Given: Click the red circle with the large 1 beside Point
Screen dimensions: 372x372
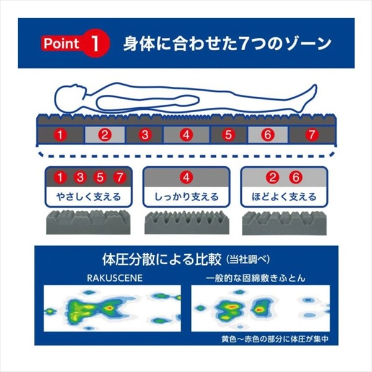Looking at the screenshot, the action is click(x=95, y=43).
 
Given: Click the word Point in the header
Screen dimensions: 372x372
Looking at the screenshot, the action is click(x=61, y=43).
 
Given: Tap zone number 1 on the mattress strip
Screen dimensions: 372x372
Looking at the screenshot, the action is click(x=60, y=135).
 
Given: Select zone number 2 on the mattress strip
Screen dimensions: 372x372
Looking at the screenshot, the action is click(x=105, y=135).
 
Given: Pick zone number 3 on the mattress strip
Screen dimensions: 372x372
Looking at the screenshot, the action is click(x=144, y=135).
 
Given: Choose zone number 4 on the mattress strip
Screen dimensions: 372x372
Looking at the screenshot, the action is click(x=186, y=135).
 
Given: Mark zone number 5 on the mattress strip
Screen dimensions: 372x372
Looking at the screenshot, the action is click(x=228, y=135).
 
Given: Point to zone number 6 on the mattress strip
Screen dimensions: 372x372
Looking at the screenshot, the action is click(x=268, y=135).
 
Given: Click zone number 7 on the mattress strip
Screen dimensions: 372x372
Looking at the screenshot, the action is click(x=312, y=135).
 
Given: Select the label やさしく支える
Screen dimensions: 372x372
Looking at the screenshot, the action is click(x=89, y=197).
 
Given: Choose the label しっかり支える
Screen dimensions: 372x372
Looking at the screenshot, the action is click(x=186, y=197).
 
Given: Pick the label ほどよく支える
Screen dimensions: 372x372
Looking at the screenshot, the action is click(x=284, y=197).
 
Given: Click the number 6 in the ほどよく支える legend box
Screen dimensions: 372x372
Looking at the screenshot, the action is click(x=296, y=177).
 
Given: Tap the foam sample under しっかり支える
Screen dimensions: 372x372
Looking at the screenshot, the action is click(x=187, y=222).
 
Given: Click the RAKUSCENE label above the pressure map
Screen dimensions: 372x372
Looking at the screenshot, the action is click(x=115, y=278).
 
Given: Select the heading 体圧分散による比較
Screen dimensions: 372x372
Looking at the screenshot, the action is click(x=162, y=260).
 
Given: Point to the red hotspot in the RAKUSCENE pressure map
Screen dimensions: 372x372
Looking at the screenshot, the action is click(x=109, y=308).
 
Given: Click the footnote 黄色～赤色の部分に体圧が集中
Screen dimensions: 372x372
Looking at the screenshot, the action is click(x=275, y=339).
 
